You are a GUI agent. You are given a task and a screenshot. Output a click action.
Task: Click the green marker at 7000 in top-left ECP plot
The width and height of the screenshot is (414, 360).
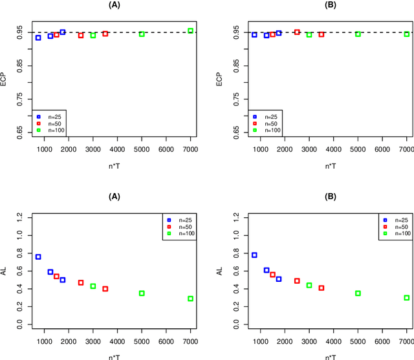(190, 30)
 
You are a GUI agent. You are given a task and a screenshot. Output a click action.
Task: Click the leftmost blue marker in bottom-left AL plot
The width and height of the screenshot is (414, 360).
(38, 257)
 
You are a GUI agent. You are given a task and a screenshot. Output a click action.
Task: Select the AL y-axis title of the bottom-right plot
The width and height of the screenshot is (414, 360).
(220, 271)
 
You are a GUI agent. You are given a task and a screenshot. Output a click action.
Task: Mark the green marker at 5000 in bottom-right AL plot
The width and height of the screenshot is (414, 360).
(358, 293)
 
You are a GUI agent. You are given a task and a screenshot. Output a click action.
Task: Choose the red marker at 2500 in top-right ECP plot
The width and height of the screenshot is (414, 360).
(297, 32)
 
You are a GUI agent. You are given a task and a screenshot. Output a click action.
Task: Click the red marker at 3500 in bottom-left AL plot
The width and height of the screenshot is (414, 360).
(105, 289)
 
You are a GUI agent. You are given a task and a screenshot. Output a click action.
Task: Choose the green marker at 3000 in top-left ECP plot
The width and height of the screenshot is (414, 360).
(93, 35)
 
